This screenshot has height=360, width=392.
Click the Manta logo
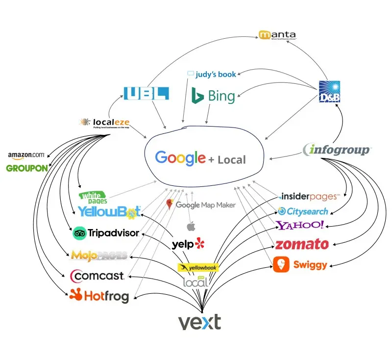pos(277,35)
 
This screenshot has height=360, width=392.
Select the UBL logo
pos(146,94)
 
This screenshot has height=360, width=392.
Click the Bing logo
pos(214,96)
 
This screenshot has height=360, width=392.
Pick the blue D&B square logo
pos(329,92)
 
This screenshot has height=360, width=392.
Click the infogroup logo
pos(337,150)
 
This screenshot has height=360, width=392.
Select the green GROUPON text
pos(27,168)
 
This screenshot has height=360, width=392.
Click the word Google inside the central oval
pos(180,158)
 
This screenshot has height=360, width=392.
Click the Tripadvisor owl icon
pos(79,233)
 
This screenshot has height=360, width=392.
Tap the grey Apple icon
pos(191,227)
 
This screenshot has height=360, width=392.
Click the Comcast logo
pos(97,276)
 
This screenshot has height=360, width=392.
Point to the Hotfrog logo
pos(99,295)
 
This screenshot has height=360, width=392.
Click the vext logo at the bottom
pos(199,322)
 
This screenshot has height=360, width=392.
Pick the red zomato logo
pos(301,244)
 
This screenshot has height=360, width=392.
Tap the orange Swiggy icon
pos(281,265)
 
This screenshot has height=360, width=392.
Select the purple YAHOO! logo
pos(300,225)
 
